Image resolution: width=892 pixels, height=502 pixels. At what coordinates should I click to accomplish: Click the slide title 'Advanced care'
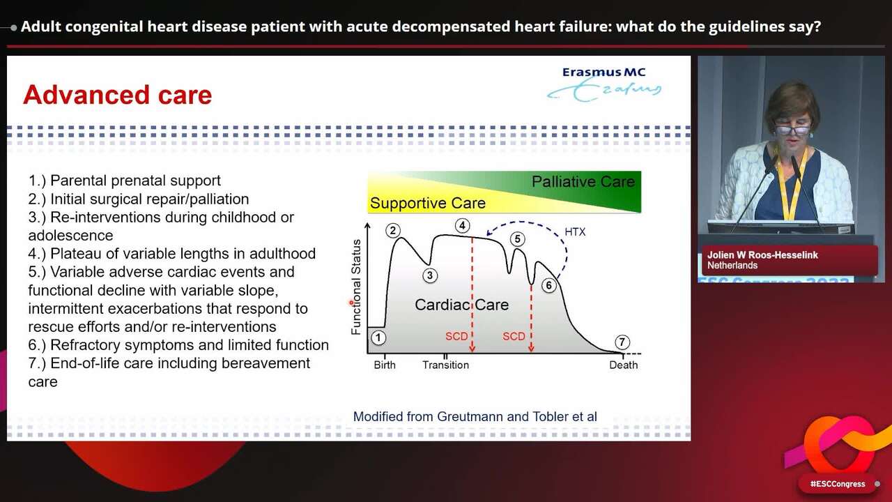[117, 95]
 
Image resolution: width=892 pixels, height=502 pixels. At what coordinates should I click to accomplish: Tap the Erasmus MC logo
[604, 83]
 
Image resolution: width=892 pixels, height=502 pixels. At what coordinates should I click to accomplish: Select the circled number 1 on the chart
[378, 338]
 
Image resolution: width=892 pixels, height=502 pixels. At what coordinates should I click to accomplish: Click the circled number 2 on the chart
[393, 231]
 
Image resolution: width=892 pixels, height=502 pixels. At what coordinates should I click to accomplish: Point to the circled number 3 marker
[429, 275]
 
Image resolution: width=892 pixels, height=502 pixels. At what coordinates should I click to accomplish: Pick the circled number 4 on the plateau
[462, 225]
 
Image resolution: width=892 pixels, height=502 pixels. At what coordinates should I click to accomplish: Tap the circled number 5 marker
[517, 239]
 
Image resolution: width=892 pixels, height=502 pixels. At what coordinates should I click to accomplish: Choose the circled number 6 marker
[549, 285]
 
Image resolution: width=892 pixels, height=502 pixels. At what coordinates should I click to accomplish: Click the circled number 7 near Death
[622, 342]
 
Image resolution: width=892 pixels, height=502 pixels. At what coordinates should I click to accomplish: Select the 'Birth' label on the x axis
[384, 365]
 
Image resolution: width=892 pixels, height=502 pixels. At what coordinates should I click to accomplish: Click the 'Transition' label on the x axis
[445, 365]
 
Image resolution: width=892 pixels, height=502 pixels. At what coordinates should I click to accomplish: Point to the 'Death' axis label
[623, 365]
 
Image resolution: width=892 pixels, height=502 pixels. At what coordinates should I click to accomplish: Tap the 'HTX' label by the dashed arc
[575, 231]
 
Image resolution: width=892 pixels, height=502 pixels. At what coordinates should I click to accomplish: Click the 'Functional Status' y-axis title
[357, 287]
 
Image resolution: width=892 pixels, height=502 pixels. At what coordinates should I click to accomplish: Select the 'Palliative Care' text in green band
[583, 182]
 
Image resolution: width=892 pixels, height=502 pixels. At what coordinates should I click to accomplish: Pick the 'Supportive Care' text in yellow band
[427, 204]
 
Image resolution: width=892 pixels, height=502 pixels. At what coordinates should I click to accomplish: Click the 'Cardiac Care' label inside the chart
[461, 305]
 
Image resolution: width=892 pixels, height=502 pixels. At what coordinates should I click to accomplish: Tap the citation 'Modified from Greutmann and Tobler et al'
[475, 416]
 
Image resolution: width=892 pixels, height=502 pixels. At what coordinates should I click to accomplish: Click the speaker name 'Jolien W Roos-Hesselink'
[762, 255]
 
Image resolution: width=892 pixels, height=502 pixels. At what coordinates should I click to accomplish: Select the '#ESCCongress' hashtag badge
[837, 484]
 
